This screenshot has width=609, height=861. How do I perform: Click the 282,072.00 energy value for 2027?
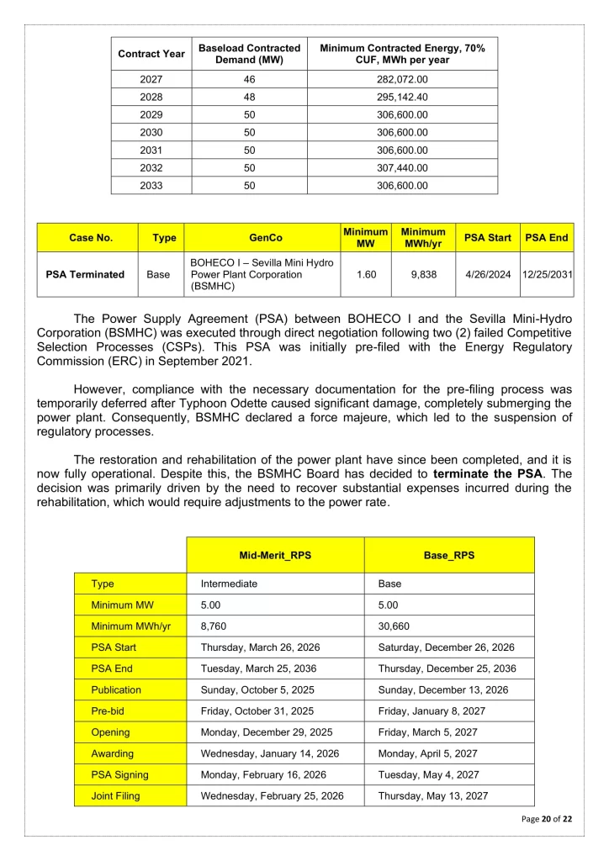click(x=402, y=80)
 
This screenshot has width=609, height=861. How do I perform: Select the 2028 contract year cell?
click(x=151, y=98)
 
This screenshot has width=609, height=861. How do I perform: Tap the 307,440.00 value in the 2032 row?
click(x=402, y=168)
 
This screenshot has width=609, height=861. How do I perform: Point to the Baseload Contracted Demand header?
click(x=249, y=54)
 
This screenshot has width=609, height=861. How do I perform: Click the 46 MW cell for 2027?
click(x=249, y=80)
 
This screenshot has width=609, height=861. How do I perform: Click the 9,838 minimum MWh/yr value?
click(x=423, y=274)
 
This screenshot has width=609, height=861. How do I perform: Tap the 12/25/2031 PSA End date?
click(x=548, y=274)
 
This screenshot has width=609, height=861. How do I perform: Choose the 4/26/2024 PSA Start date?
click(x=488, y=274)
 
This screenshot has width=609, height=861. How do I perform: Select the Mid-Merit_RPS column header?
click(x=275, y=556)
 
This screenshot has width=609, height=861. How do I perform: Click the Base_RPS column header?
click(x=449, y=556)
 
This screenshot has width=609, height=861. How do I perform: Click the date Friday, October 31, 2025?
click(x=257, y=710)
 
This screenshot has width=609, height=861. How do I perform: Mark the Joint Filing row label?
click(x=116, y=795)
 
